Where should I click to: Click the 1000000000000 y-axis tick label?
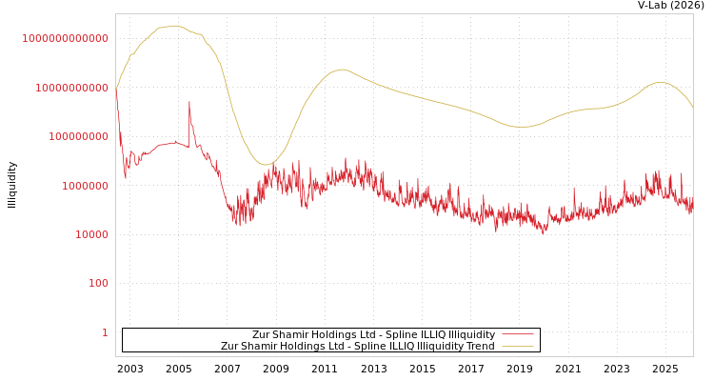click(x=65, y=38)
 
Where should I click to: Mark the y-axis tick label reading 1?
click(x=105, y=332)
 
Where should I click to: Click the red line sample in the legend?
click(x=517, y=335)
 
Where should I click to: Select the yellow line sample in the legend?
click(x=517, y=347)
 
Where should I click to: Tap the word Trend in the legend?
click(x=480, y=347)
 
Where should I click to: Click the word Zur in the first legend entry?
click(x=261, y=335)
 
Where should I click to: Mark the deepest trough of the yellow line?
click(x=268, y=165)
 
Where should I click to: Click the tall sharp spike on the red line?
click(x=188, y=102)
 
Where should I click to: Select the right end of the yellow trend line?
click(x=692, y=107)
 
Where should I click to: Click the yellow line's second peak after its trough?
click(x=342, y=69)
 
